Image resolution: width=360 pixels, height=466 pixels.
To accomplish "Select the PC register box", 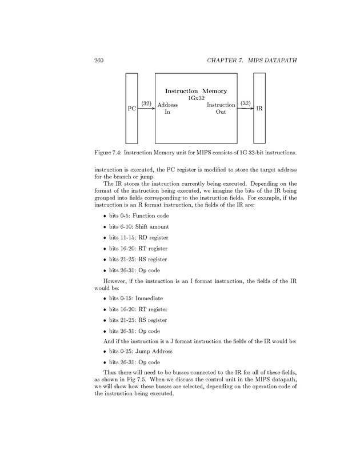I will point(132,108).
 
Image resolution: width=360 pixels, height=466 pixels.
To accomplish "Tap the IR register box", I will point(259,108).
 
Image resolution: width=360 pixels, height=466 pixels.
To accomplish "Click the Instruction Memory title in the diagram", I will point(196,91).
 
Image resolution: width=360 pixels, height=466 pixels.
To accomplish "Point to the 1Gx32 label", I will point(196,98).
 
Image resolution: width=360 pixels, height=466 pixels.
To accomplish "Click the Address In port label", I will point(167,109).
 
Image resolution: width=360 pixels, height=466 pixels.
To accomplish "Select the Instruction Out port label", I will point(221,109).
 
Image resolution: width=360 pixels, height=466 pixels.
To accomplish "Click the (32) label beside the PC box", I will point(146,103).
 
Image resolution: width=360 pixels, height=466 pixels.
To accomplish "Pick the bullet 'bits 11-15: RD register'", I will point(135,237).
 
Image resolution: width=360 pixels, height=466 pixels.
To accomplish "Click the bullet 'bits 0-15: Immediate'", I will point(132,298).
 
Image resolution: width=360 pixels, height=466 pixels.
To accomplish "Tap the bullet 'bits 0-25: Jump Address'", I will point(137,351).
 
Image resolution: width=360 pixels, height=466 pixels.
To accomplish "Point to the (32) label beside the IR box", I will point(246,103).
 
